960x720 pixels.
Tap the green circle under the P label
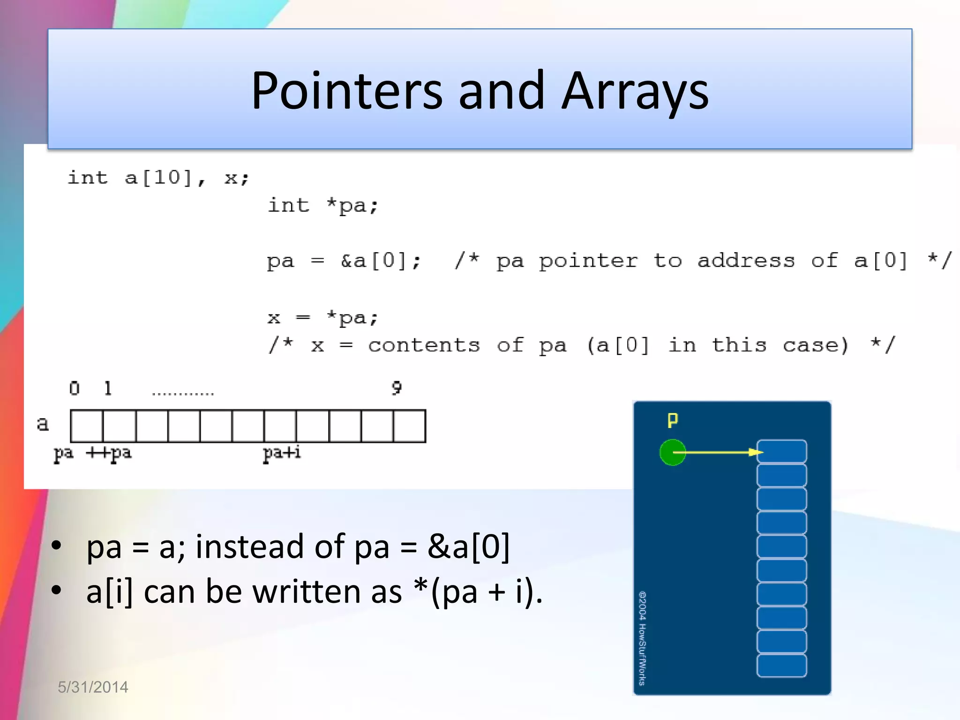pyautogui.click(x=672, y=452)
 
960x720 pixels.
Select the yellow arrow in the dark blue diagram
pyautogui.click(x=717, y=452)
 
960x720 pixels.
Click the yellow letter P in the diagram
pyautogui.click(x=673, y=420)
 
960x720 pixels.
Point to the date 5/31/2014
pyautogui.click(x=93, y=687)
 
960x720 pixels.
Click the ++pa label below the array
pyautogui.click(x=109, y=453)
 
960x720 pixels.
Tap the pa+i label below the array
pyautogui.click(x=282, y=453)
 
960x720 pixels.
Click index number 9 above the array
pyautogui.click(x=397, y=388)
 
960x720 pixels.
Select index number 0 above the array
pyautogui.click(x=75, y=388)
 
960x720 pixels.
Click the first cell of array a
pyautogui.click(x=87, y=426)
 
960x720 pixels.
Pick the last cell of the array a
pyautogui.click(x=410, y=426)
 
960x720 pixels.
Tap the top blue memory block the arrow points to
pyautogui.click(x=782, y=451)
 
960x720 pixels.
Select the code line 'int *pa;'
pyautogui.click(x=323, y=206)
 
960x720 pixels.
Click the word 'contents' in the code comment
pyautogui.click(x=424, y=345)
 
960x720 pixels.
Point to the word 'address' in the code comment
pyautogui.click(x=746, y=261)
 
